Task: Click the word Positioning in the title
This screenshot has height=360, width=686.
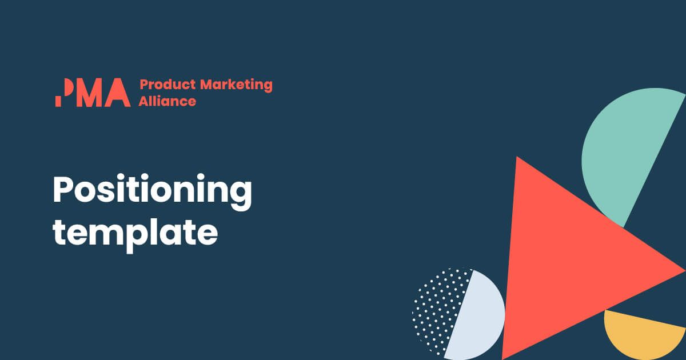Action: point(152,191)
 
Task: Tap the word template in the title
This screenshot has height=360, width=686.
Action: point(135,234)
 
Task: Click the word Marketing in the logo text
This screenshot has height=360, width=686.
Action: point(236,85)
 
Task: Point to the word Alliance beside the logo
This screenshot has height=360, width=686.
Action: point(167,101)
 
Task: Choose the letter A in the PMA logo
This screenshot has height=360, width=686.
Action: point(118,93)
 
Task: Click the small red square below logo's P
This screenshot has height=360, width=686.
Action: point(58,102)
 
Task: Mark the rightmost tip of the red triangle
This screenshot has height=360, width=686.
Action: point(685,271)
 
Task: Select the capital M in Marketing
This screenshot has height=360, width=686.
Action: point(208,85)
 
